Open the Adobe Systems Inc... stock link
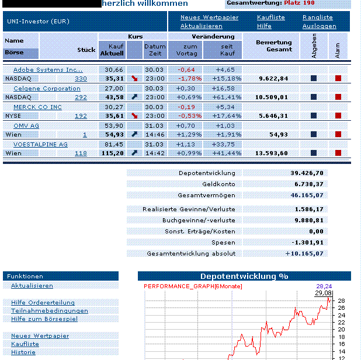[48, 70]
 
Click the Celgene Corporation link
[46, 89]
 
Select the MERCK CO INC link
[37, 107]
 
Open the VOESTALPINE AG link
[40, 144]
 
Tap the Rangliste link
[318, 18]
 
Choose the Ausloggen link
[320, 26]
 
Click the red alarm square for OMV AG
[338, 134]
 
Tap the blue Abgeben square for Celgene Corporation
[314, 97]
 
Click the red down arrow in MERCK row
[135, 116]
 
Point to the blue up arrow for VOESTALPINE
[135, 153]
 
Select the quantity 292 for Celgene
[81, 97]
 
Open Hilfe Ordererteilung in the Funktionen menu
[43, 302]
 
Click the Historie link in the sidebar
[23, 352]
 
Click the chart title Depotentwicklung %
[244, 276]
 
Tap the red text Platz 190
[300, 3]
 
